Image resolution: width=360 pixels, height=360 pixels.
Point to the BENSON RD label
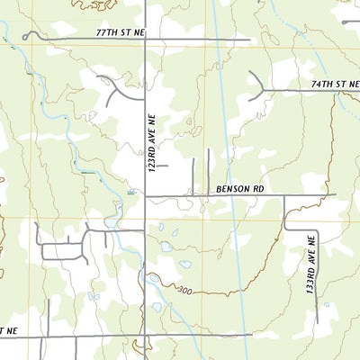click(240, 189)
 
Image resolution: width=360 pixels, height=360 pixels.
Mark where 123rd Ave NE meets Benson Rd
click(145, 195)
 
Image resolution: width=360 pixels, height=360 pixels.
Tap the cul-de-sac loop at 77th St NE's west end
click(27, 36)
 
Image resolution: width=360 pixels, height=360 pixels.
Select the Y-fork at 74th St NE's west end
click(262, 90)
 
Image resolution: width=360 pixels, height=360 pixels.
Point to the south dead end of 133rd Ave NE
click(316, 322)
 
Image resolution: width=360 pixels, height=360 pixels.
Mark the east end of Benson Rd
click(335, 194)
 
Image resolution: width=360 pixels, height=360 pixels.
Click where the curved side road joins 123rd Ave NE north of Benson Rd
click(145, 96)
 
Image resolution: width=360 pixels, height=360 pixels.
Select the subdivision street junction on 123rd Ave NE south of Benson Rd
click(145, 230)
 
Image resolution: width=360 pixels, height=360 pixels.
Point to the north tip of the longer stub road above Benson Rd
click(208, 150)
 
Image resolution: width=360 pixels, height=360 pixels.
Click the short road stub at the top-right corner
click(349, 21)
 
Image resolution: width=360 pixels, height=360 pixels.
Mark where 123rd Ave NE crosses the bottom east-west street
click(145, 337)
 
